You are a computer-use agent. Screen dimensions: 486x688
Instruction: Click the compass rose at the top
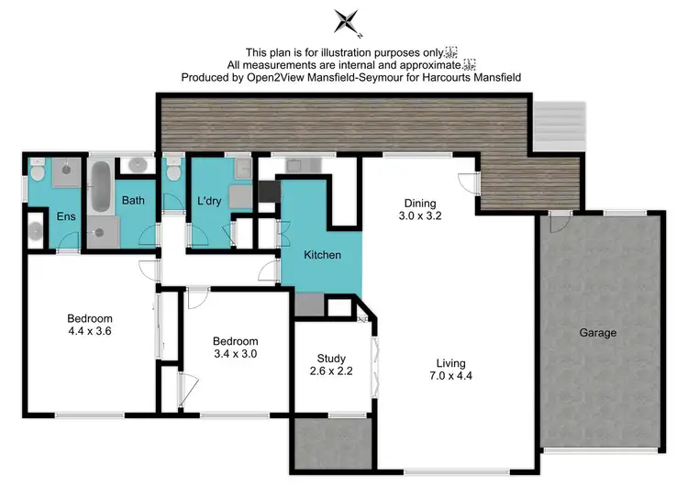(346, 21)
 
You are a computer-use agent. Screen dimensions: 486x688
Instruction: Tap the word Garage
(597, 333)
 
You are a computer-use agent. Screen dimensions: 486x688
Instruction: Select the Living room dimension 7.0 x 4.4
(450, 374)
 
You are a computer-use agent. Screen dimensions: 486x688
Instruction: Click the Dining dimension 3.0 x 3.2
(419, 218)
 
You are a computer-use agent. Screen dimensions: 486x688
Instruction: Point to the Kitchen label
(323, 254)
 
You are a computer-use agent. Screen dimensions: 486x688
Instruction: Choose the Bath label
(133, 200)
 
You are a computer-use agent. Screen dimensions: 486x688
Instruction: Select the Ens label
(65, 217)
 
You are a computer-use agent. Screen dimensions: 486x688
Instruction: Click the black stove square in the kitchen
(269, 191)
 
